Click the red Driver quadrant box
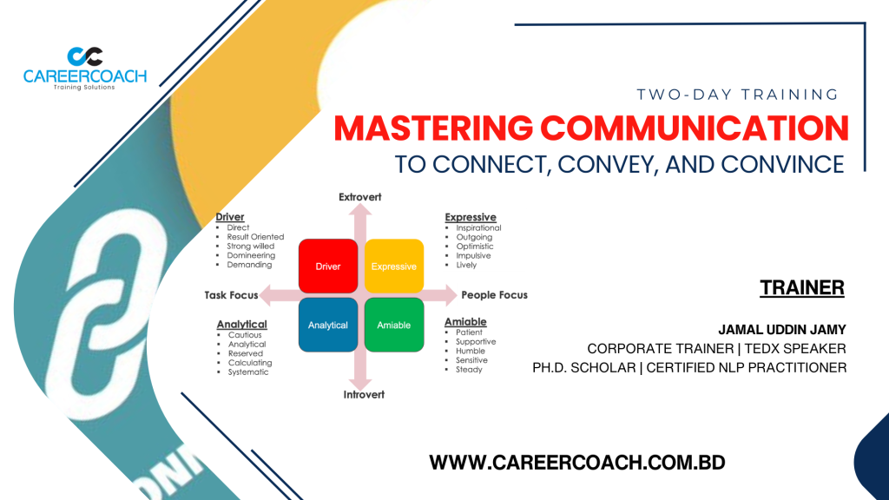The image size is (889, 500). (328, 266)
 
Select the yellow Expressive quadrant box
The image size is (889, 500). (394, 266)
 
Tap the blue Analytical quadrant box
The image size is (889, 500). (328, 325)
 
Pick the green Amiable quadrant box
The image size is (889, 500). (394, 325)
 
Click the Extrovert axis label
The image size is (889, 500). (360, 197)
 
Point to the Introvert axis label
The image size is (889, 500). (364, 395)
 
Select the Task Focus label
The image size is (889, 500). (231, 295)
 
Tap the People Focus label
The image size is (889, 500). (494, 295)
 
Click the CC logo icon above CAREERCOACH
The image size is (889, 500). (85, 56)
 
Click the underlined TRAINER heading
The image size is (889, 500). (802, 288)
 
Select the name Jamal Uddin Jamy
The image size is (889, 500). (782, 330)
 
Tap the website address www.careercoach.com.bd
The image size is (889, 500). (577, 463)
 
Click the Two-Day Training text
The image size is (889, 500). (738, 95)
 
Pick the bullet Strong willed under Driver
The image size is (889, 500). (251, 246)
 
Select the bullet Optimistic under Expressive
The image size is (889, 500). (475, 247)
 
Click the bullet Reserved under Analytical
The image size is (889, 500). (246, 353)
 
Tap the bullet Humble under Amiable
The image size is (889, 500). (471, 351)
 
